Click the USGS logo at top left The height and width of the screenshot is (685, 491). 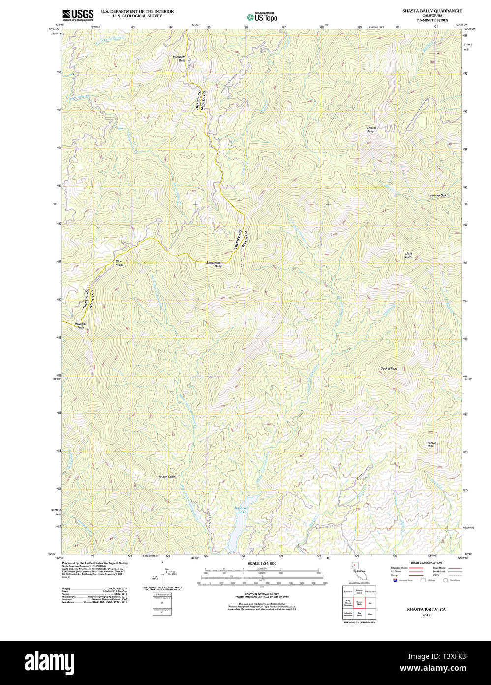78,14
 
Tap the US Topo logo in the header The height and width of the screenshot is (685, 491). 262,17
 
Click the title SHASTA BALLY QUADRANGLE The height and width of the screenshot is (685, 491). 432,11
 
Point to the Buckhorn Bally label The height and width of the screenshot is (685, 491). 179,58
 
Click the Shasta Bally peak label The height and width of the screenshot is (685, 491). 371,130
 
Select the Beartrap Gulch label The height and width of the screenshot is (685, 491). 438,196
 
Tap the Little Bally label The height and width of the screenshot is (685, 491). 408,255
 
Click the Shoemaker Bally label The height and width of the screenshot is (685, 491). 214,264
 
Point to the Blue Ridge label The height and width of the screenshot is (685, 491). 119,263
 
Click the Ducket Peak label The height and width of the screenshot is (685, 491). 388,368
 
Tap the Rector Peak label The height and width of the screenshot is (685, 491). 431,445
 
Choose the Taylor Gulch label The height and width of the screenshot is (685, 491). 167,477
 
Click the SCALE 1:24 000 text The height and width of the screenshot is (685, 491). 262,563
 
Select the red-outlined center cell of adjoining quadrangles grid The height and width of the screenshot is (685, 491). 359,602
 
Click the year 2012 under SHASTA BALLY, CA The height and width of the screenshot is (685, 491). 426,615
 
